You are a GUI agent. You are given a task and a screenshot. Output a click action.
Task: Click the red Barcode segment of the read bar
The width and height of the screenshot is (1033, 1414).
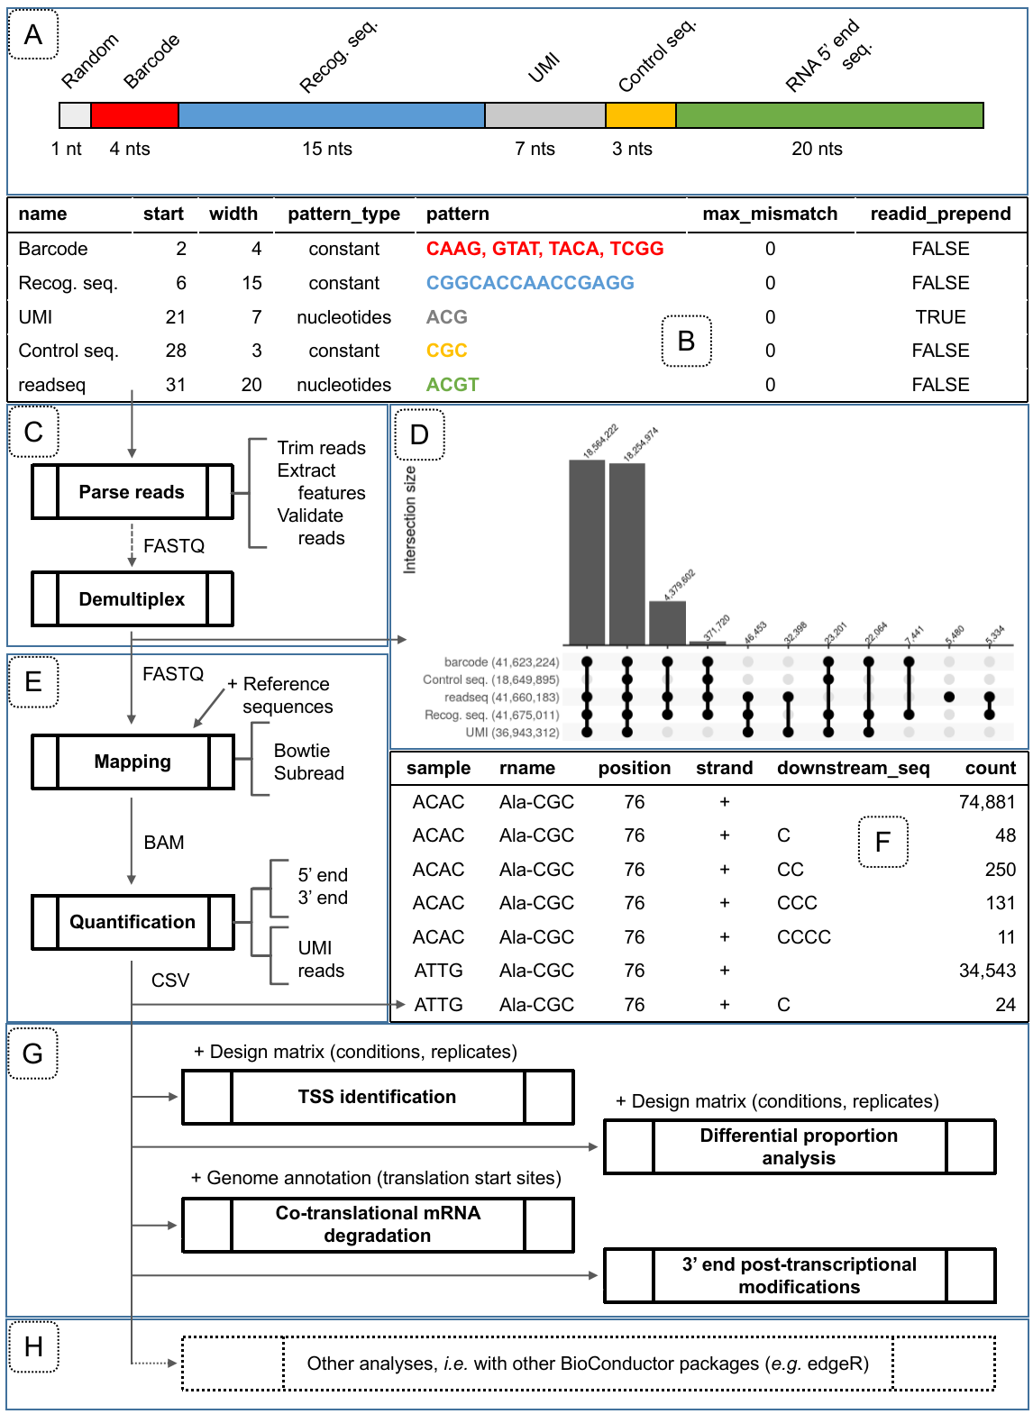click(134, 115)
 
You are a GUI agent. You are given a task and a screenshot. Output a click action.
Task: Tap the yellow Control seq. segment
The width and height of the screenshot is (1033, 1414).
click(640, 115)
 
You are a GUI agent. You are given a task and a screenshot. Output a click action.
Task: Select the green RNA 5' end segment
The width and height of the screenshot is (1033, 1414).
click(829, 115)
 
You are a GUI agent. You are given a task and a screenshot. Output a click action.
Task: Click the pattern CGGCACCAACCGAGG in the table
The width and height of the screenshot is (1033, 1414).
click(530, 283)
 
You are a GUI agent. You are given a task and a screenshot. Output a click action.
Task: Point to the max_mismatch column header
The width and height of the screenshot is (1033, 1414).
click(770, 214)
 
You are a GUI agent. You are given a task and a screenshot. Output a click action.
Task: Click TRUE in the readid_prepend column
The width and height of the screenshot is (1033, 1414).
click(940, 317)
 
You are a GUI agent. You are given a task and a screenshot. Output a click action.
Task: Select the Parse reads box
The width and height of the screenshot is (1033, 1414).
click(132, 492)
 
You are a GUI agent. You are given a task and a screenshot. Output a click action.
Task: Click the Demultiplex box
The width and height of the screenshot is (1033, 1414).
click(132, 599)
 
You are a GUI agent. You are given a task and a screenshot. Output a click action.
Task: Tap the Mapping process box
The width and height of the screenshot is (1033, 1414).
click(133, 762)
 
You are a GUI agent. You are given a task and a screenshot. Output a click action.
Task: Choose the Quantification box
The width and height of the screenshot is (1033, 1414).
click(133, 922)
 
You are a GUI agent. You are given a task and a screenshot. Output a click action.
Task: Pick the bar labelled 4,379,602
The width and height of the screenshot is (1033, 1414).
click(667, 622)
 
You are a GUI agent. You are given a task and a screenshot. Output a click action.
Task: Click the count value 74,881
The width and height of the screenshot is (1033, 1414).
click(987, 802)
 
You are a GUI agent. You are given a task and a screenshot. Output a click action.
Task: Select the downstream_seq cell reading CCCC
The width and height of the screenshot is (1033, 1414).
click(804, 937)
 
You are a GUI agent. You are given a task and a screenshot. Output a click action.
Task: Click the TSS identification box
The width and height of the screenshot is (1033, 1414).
click(378, 1097)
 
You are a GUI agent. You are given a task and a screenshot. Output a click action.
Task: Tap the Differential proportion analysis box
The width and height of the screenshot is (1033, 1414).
click(800, 1146)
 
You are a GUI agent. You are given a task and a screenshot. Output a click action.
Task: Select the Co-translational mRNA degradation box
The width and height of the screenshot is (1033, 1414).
click(378, 1225)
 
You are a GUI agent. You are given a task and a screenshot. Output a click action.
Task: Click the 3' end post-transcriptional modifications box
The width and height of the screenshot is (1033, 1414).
click(800, 1275)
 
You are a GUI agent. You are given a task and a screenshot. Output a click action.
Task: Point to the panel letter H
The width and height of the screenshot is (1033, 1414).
click(33, 1347)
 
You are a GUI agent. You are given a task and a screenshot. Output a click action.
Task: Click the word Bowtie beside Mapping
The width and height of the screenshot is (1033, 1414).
click(302, 751)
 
